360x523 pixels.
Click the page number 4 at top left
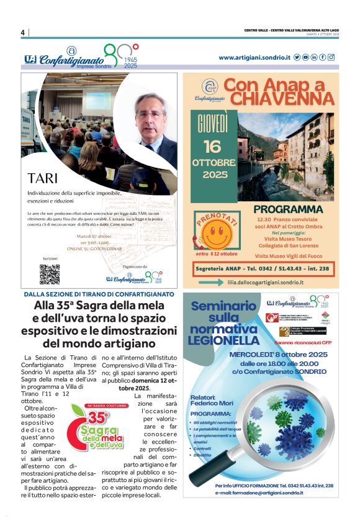22,32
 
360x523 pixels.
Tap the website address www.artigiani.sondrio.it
254,57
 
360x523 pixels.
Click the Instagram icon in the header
331,57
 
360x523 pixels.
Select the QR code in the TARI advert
50,274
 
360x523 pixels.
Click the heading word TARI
43,178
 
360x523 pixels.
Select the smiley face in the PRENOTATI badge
216,235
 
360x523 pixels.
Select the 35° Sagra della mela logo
96,427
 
